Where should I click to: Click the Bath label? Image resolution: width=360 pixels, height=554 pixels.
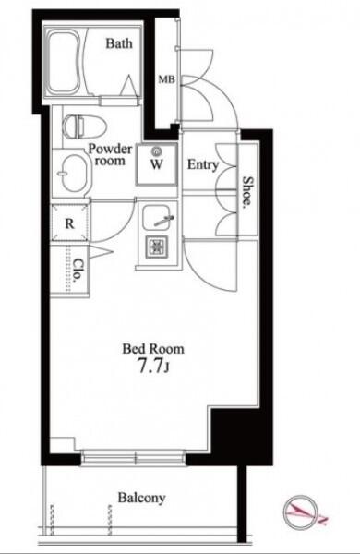(119, 43)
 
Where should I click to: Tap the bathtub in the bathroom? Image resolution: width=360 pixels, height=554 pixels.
(64, 63)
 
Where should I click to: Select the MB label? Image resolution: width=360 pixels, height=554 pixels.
(166, 79)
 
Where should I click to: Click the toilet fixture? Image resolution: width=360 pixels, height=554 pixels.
(84, 126)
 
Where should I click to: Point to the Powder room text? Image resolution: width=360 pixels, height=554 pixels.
(110, 154)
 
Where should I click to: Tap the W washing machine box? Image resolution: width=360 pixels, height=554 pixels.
(157, 164)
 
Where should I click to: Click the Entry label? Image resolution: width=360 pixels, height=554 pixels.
(203, 164)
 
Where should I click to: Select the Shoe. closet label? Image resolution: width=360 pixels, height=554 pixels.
(248, 191)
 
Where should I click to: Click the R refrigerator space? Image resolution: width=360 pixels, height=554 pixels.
(69, 223)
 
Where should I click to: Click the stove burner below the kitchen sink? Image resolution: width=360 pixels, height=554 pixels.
(157, 246)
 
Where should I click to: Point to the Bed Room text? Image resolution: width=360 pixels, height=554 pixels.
(153, 349)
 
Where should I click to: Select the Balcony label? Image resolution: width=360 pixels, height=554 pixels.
(141, 498)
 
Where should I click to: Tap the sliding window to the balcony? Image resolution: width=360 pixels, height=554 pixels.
(134, 457)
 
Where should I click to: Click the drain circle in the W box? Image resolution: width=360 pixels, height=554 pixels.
(156, 152)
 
